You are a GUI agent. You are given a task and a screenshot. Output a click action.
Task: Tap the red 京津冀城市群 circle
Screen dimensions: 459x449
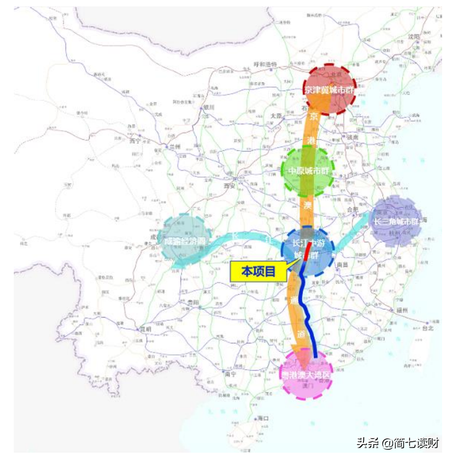[x=329, y=89]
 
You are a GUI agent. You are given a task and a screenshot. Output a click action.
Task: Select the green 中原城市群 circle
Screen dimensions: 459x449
[x=307, y=170]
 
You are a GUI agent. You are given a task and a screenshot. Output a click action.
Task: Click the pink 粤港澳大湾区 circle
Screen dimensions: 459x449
[x=306, y=374]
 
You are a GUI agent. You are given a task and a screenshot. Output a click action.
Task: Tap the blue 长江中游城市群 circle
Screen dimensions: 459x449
[x=308, y=250]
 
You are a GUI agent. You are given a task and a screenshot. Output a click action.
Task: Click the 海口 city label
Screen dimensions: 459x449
[x=264, y=418]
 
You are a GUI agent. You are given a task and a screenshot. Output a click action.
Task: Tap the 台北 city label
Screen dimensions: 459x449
[x=427, y=328]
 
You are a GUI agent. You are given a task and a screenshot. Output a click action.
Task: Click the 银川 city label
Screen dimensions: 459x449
[x=208, y=107]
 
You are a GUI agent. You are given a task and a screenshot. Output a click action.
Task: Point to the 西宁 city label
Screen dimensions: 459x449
[x=135, y=140]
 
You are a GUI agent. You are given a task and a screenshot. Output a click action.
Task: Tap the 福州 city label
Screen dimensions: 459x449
[x=401, y=310]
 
